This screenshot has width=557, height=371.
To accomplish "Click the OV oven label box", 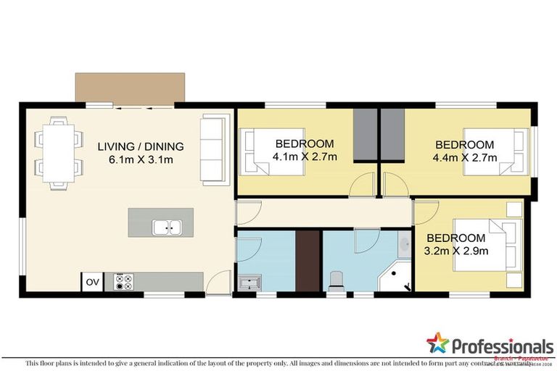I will (x=91, y=282).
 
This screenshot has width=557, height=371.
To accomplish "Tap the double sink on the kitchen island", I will (x=167, y=228).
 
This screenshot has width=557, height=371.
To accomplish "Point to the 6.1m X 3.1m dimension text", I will (x=141, y=159).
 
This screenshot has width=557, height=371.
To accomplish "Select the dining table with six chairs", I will (x=57, y=152).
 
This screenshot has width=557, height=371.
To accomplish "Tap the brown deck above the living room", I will (x=132, y=87).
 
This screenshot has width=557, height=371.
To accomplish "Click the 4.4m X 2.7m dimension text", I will (x=464, y=157).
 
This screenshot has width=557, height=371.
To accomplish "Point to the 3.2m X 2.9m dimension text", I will (x=456, y=251).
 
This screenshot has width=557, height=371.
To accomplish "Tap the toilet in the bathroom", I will (x=336, y=279).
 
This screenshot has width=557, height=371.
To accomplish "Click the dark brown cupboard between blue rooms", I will (x=308, y=261).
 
